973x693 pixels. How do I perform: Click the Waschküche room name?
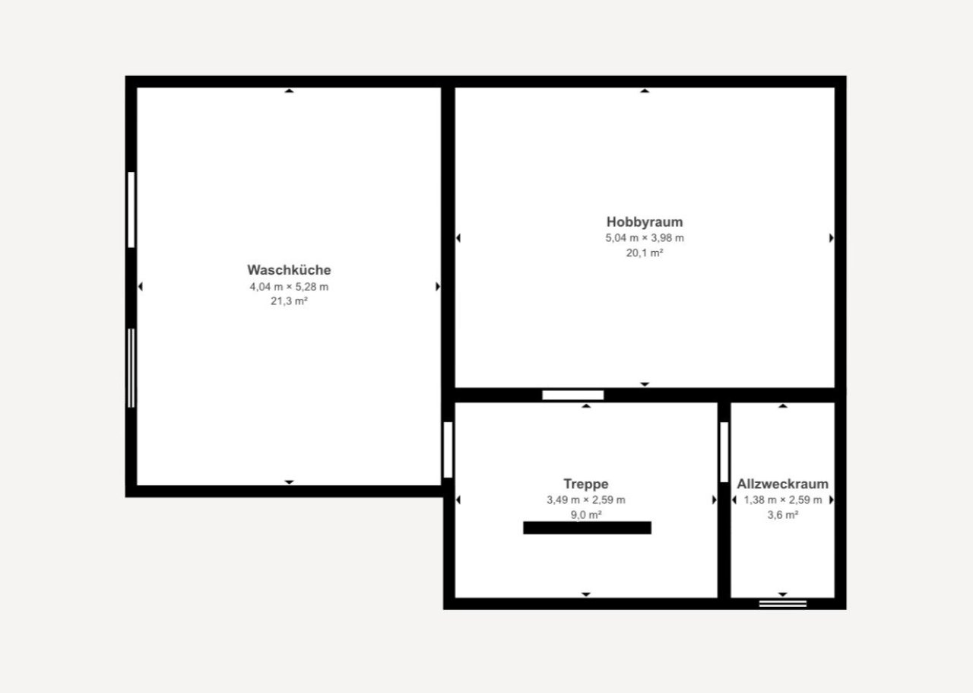click(x=289, y=270)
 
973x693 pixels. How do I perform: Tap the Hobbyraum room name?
click(x=645, y=222)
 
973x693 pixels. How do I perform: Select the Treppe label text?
click(x=586, y=484)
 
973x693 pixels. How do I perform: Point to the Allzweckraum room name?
click(x=782, y=484)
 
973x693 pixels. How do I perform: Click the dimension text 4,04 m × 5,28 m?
click(x=289, y=287)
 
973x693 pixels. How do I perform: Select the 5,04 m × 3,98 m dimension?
click(x=645, y=238)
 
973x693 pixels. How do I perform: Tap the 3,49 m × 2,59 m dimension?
click(x=586, y=500)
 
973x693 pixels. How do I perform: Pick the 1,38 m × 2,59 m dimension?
click(x=782, y=500)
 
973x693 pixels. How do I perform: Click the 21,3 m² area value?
click(x=289, y=300)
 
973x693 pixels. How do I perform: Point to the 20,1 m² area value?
click(x=645, y=253)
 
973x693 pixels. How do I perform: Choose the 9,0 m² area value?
click(x=586, y=515)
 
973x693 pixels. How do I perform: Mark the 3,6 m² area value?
click(x=782, y=515)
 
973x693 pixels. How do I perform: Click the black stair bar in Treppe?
click(x=588, y=528)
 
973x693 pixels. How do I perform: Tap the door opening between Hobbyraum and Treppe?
click(x=573, y=396)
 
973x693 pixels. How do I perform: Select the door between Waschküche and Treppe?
click(x=448, y=450)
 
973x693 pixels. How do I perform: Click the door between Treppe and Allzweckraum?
click(x=724, y=452)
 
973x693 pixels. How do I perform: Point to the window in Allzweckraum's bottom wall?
click(x=783, y=604)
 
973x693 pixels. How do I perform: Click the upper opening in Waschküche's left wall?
click(x=132, y=210)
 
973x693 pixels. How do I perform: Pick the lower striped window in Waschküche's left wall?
click(x=132, y=368)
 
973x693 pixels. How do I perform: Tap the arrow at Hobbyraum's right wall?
click(x=832, y=238)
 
